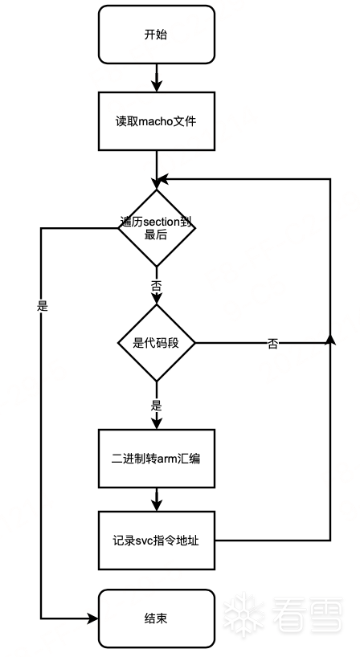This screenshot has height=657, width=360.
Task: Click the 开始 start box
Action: (157, 35)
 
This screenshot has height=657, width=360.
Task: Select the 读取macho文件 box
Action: (157, 121)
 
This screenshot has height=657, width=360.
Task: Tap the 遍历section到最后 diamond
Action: (157, 228)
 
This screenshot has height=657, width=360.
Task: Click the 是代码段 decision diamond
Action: (157, 343)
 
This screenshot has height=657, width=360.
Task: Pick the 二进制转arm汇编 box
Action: (157, 459)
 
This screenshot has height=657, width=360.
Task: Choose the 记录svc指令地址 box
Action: (157, 540)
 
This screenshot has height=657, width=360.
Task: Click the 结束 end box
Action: (157, 618)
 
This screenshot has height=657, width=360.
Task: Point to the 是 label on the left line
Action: (43, 306)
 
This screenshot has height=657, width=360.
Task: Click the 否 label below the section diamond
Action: (157, 287)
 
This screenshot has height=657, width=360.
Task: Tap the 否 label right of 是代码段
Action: (272, 344)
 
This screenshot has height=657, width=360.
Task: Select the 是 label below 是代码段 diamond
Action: (157, 406)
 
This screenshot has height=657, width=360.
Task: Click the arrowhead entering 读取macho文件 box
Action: (157, 85)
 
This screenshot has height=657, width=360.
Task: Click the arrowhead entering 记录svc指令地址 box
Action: (157, 504)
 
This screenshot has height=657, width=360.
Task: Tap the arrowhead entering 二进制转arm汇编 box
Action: (157, 422)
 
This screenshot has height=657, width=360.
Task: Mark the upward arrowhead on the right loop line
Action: (330, 340)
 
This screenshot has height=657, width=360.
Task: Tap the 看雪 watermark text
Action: (308, 614)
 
